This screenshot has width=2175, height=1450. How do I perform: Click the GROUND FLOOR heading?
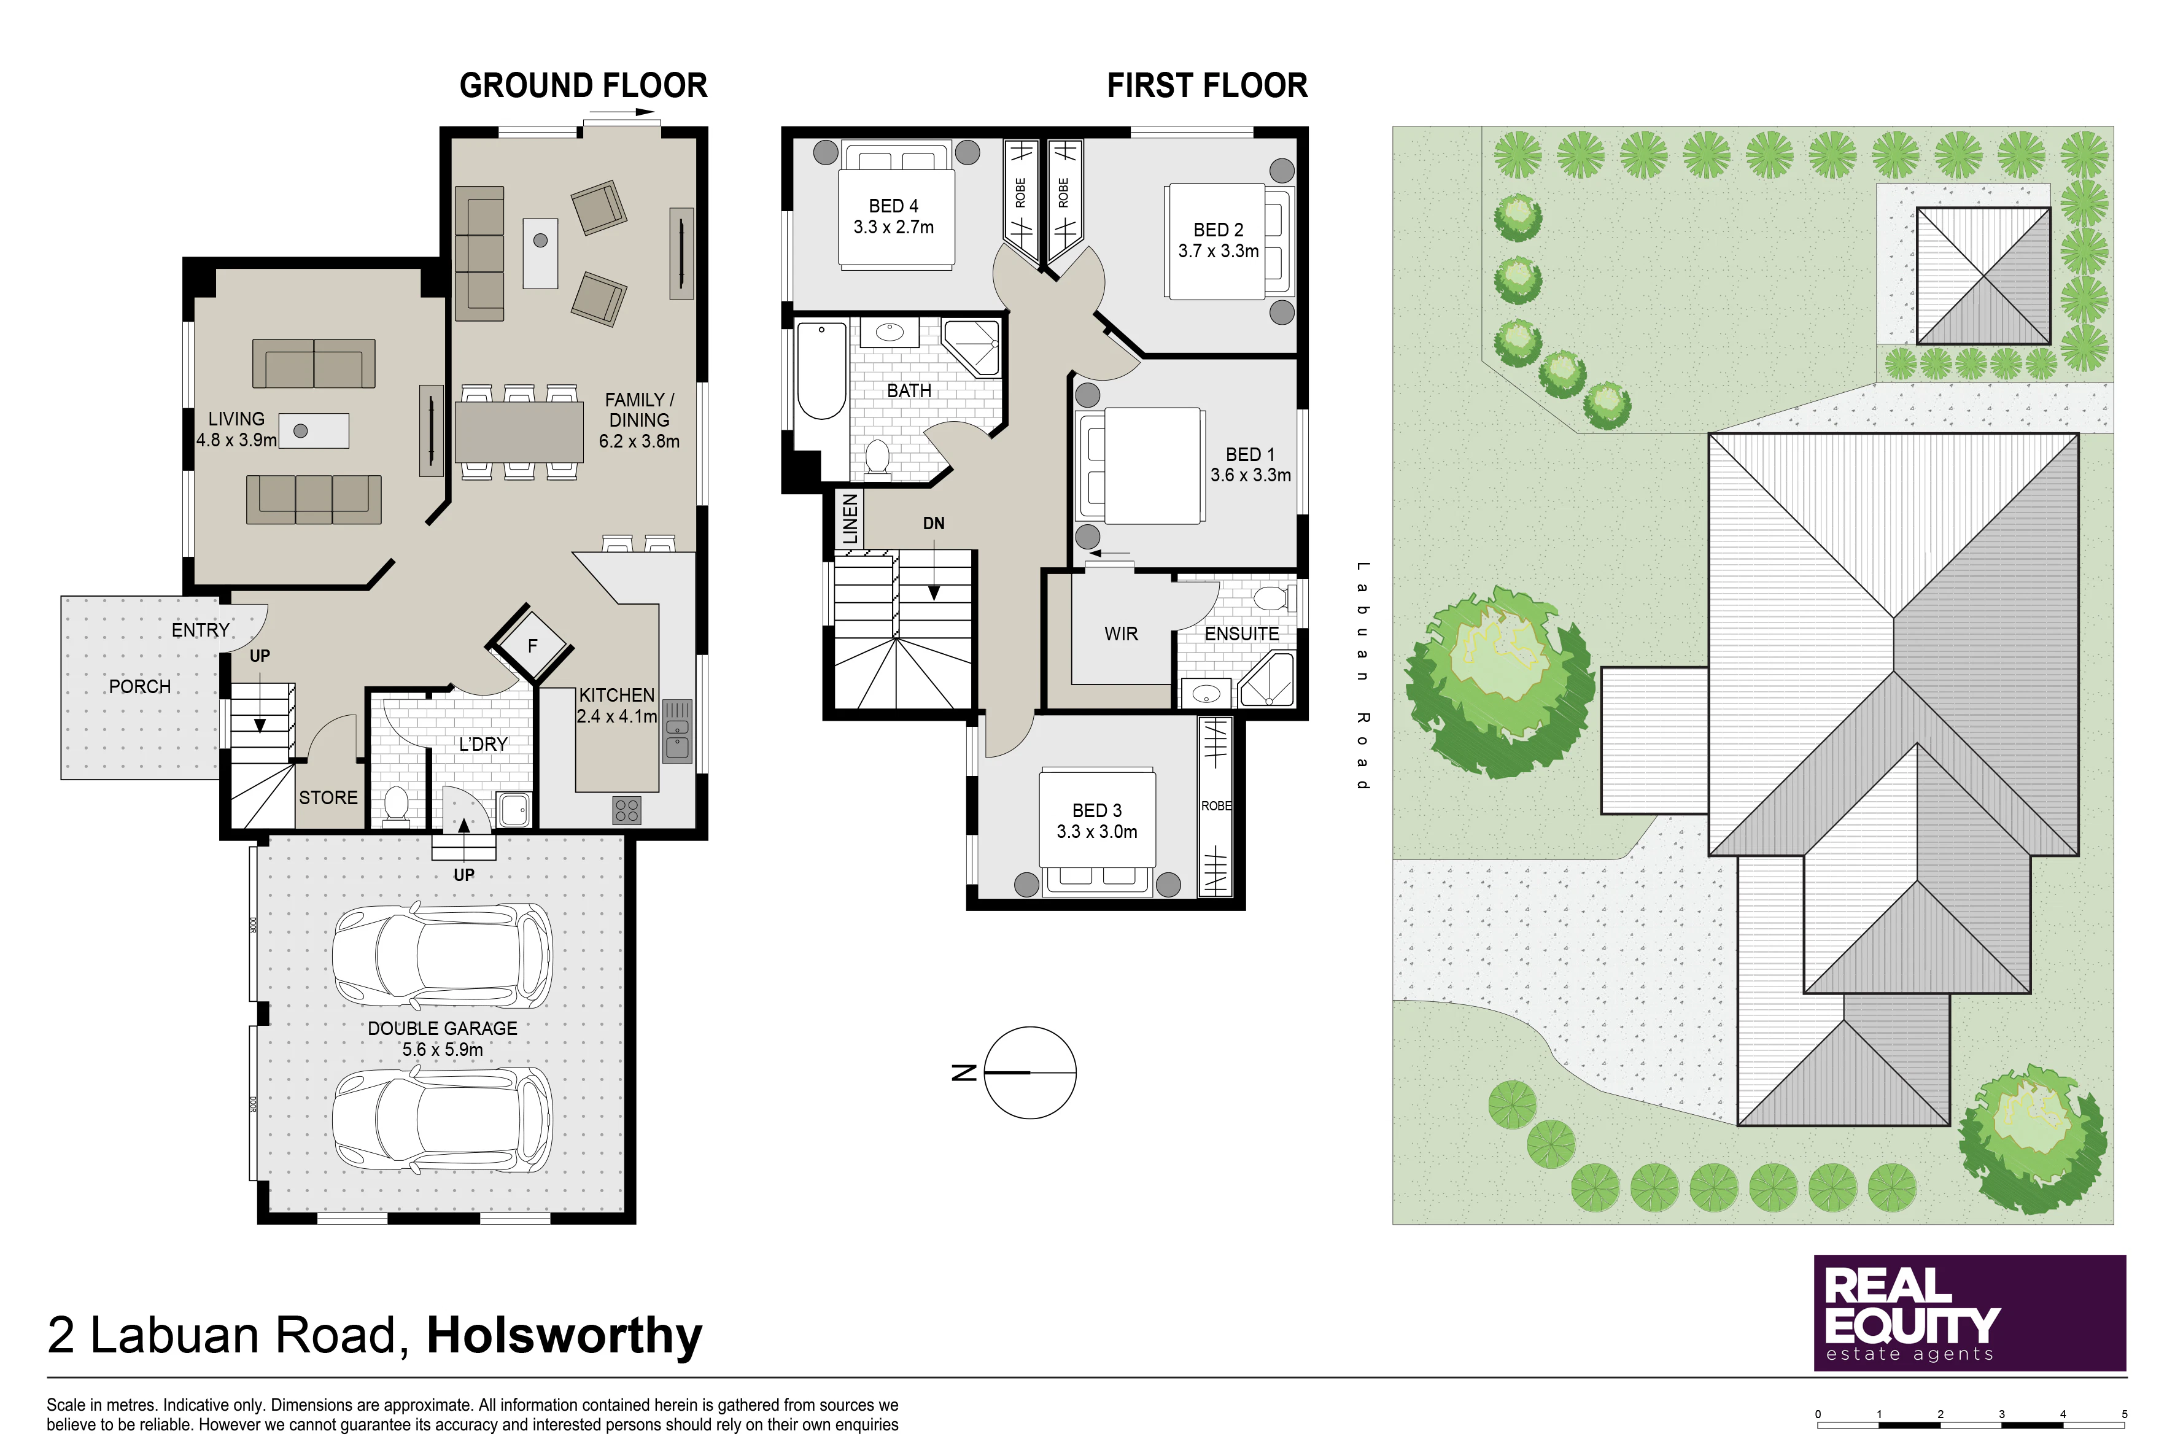[584, 85]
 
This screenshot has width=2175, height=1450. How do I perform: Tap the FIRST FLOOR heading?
[1207, 85]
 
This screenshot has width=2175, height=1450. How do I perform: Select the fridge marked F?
[532, 645]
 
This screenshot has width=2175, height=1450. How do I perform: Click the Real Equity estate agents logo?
[1970, 1312]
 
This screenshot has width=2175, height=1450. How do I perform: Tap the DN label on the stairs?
[934, 524]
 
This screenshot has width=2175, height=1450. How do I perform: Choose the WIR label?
[1121, 634]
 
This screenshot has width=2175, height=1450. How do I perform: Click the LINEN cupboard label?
[850, 519]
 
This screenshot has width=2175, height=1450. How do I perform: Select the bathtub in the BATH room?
[821, 370]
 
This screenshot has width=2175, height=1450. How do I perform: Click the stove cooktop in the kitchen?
[626, 810]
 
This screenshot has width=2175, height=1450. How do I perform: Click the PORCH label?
[139, 686]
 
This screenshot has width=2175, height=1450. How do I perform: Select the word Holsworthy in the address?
[564, 1335]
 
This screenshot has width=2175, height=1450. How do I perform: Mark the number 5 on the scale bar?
[2124, 1414]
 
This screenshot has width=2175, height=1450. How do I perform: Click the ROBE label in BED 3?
[1216, 805]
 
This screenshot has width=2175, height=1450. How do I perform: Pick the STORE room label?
[328, 797]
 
